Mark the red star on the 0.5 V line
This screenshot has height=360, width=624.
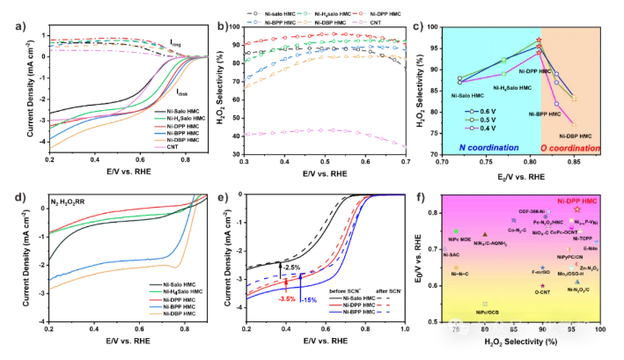[x=538, y=41]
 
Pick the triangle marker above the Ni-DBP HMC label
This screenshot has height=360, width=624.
[x=574, y=99]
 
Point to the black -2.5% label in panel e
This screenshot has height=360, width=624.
[x=291, y=267]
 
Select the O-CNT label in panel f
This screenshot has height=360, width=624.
[x=542, y=292]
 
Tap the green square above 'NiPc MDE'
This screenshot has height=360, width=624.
[x=457, y=231]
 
